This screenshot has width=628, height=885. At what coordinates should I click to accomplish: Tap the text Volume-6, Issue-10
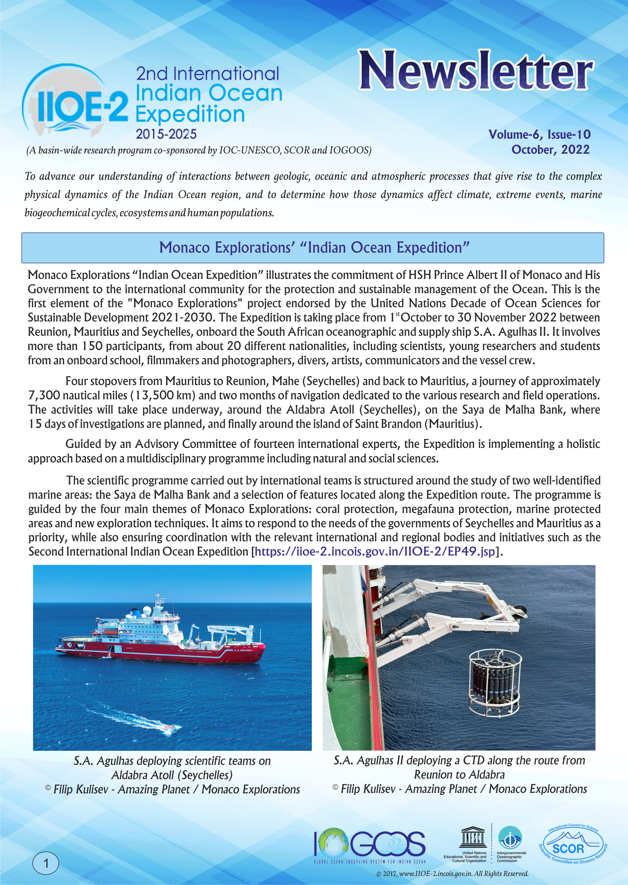click(x=539, y=134)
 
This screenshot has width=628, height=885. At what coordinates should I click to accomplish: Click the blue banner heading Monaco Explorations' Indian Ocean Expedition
click(x=314, y=248)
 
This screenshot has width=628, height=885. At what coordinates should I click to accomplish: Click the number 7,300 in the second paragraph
click(x=44, y=395)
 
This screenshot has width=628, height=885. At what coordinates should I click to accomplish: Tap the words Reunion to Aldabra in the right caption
click(x=459, y=774)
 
